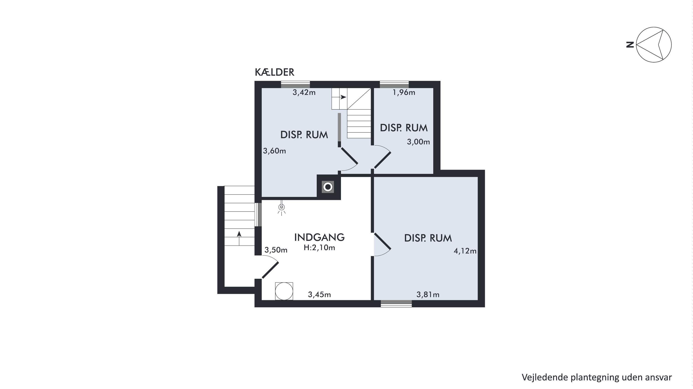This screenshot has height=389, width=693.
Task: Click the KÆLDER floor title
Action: point(274,72)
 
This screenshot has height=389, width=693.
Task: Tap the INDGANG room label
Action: point(319,237)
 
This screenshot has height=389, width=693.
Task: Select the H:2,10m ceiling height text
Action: point(319,248)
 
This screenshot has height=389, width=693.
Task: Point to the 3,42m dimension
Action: point(304,93)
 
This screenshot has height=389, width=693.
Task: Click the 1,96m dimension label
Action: point(404,93)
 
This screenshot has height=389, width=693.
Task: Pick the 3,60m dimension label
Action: point(274,151)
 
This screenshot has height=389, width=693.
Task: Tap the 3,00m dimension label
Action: point(418,142)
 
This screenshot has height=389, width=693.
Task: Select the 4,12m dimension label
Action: point(465,251)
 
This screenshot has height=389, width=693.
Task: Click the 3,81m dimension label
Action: point(428,295)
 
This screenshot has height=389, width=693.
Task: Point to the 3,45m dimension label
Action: point(319,295)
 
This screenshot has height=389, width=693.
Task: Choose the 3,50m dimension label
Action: point(276,250)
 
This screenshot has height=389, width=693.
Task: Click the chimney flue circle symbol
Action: point(328,187)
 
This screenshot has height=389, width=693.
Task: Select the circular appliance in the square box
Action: point(284,291)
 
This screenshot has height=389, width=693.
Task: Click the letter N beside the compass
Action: point(630,45)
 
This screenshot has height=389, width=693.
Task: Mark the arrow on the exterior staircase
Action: point(239,238)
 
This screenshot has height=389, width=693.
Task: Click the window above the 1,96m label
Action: point(394,85)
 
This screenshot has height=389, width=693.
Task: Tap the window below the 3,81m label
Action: point(396,304)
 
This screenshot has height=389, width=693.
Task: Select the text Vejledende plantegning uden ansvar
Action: point(597,377)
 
